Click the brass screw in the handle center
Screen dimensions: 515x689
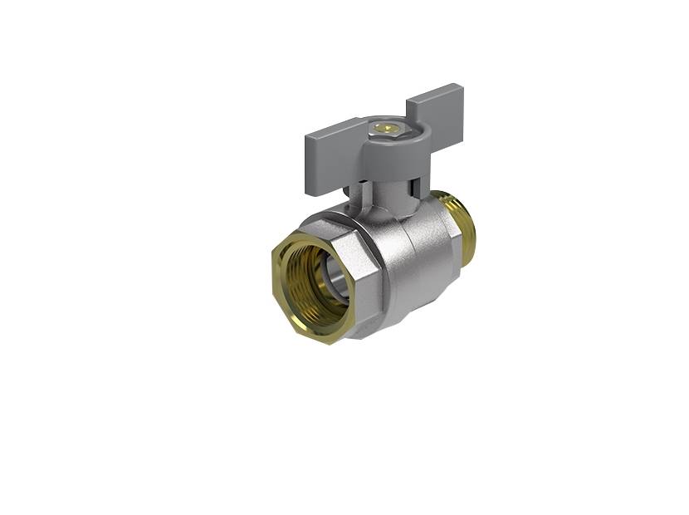[x=383, y=128]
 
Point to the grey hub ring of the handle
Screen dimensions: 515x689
[x=384, y=141]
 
